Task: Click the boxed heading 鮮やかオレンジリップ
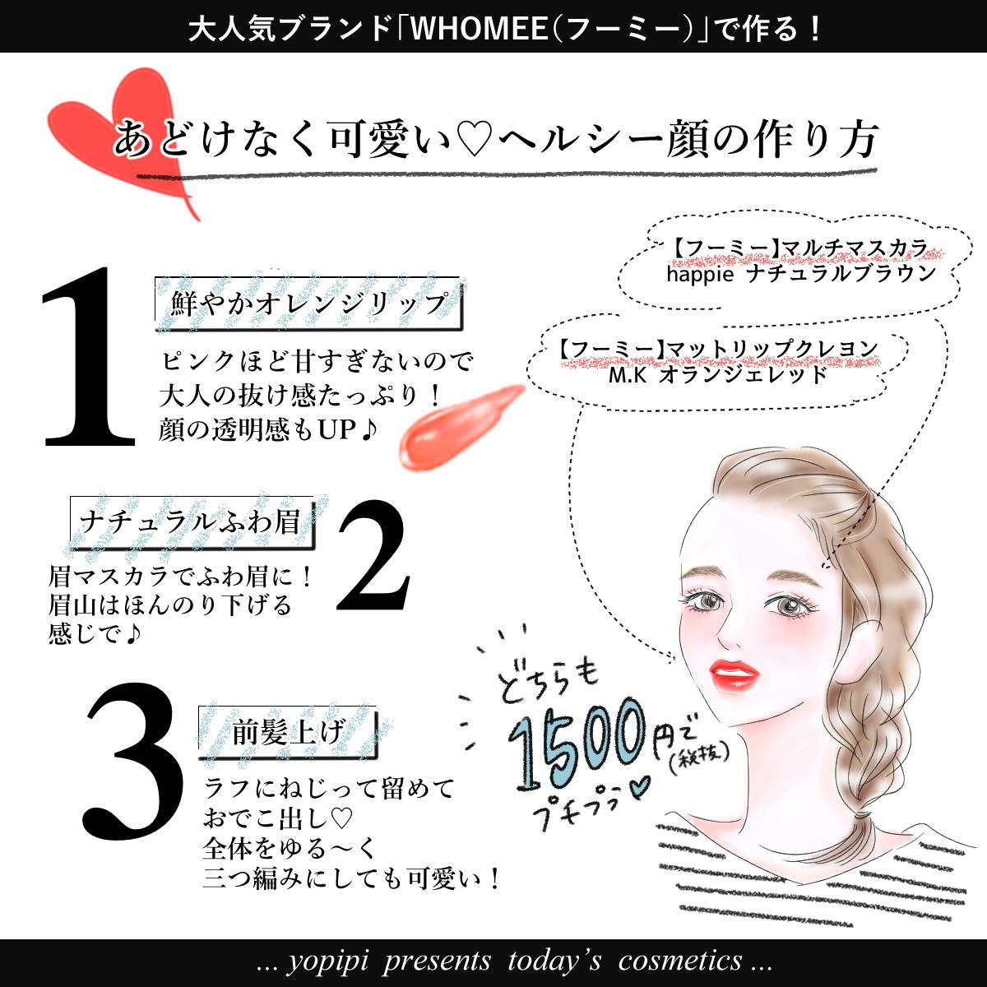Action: (x=308, y=304)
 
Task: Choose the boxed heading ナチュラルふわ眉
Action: (x=192, y=522)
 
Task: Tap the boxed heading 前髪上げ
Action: (x=288, y=733)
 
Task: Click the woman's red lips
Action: (x=734, y=675)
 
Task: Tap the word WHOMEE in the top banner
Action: (x=480, y=28)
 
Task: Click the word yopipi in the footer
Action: (x=327, y=962)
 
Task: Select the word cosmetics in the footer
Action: (x=679, y=961)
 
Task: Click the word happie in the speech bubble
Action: (x=700, y=275)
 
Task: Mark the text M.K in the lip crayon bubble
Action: (x=628, y=375)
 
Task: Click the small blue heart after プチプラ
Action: (x=637, y=787)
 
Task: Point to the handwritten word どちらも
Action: (x=547, y=683)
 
